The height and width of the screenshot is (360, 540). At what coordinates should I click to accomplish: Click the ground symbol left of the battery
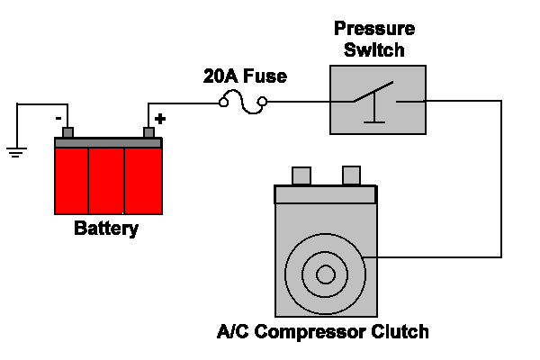tap(16, 150)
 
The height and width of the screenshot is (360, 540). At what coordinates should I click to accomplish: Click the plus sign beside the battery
tap(161, 118)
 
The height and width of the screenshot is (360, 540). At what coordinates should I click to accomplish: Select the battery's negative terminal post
tap(67, 134)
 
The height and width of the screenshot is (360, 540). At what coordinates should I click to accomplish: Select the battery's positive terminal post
tap(149, 134)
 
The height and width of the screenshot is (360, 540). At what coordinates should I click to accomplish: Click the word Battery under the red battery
tap(106, 229)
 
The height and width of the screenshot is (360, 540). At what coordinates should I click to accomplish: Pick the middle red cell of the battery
tap(106, 180)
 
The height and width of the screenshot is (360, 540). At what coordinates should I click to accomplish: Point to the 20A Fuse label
tap(245, 76)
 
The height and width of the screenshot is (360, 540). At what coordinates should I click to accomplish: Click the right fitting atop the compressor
tap(351, 175)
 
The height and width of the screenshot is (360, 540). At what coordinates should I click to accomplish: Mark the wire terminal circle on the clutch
tap(363, 258)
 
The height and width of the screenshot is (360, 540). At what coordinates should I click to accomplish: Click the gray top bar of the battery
tap(108, 142)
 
